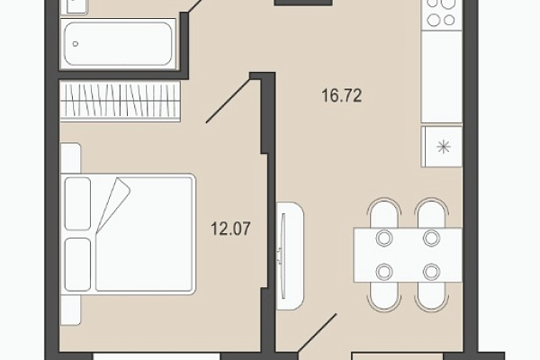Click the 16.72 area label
click(342, 95)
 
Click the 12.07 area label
click(230, 229)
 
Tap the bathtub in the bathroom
click(118, 44)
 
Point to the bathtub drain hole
click(76, 44)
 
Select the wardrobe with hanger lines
click(121, 101)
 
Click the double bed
click(128, 234)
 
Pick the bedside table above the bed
click(70, 158)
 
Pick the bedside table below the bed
click(70, 310)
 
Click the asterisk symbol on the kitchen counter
click(443, 147)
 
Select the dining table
click(408, 255)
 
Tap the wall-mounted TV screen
click(283, 256)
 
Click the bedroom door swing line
click(228, 101)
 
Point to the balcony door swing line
click(317, 333)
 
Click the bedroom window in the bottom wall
click(157, 356)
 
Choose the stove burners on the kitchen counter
click(441, 13)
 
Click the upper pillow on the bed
click(77, 203)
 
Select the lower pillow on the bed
click(77, 265)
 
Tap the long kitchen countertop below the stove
click(442, 76)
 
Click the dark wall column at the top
click(303, 3)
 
